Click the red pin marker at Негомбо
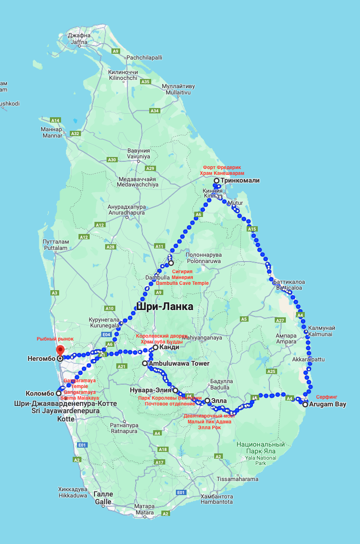coord(60,350)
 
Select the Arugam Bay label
coord(329,404)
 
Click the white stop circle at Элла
coord(207,401)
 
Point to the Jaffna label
coord(79,42)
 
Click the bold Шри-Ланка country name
coord(165,307)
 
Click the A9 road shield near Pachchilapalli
coord(115,51)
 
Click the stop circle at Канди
coord(156,347)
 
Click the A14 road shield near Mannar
coord(55,120)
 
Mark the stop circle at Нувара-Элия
coord(175,390)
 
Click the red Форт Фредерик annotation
coord(222,167)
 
